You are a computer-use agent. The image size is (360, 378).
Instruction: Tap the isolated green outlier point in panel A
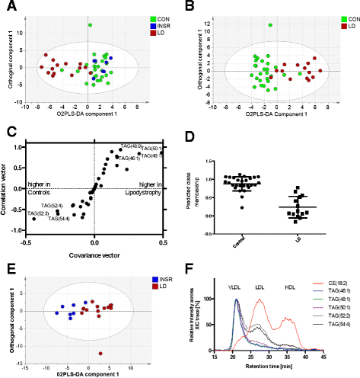[x=89, y=25]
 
